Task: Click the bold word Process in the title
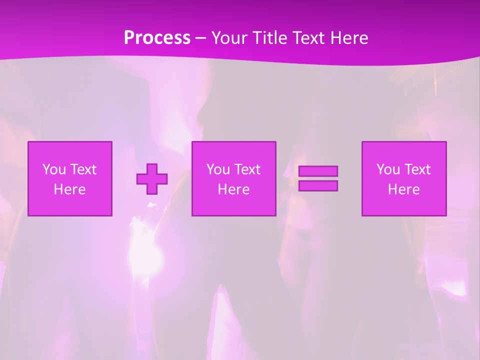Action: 157,38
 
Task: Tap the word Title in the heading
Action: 269,38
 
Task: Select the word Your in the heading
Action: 230,38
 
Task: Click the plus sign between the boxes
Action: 152,178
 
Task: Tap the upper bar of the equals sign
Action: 318,171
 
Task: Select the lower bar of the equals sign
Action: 318,186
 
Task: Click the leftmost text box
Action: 70,178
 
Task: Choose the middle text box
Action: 233,178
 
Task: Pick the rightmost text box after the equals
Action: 404,178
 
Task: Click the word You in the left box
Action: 54,169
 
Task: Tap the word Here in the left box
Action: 70,189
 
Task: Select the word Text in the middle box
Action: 247,169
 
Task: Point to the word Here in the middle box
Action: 233,189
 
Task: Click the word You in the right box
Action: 388,169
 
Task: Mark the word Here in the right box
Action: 404,189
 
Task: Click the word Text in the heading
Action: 310,38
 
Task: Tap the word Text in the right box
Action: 417,169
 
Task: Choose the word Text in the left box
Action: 83,169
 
